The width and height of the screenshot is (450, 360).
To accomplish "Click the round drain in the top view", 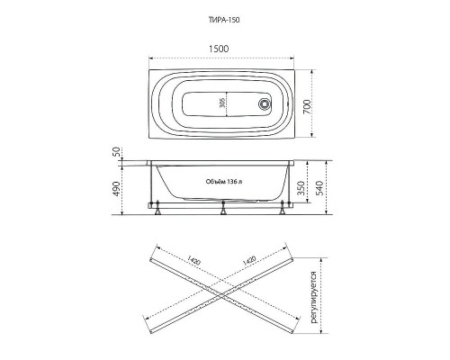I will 265,103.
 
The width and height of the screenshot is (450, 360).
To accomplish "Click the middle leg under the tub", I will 223,211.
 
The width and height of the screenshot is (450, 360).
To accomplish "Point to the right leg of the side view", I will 285,211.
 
